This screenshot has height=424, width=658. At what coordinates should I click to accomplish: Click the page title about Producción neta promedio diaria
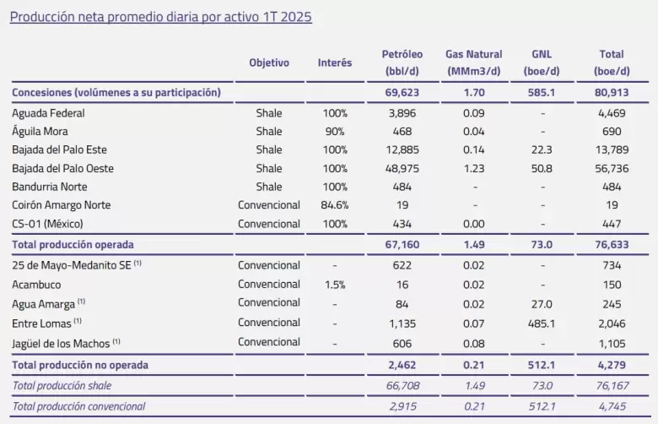click(161, 17)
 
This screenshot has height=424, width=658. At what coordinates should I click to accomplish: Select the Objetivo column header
click(269, 63)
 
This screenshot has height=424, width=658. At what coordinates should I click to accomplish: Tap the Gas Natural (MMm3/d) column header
click(474, 63)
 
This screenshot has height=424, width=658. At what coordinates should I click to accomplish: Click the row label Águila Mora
click(40, 131)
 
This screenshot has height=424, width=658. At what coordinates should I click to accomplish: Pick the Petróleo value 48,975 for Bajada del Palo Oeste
click(402, 169)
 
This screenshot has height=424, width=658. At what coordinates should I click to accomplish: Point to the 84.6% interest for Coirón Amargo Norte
click(334, 205)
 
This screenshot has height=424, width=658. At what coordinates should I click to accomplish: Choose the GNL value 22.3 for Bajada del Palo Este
click(542, 150)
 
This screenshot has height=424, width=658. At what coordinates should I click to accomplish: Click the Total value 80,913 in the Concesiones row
click(612, 92)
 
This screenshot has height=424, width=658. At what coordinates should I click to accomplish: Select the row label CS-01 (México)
click(47, 224)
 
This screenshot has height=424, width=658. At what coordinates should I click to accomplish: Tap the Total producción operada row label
click(73, 245)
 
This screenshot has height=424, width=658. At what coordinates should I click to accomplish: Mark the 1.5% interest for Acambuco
click(335, 285)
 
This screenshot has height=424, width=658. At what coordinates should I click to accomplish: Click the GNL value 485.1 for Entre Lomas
click(542, 323)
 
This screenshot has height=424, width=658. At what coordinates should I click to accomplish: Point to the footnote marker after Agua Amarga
click(82, 302)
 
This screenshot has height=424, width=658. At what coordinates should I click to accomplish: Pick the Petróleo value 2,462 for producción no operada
click(402, 365)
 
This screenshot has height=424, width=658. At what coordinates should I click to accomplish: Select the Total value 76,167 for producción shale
click(612, 386)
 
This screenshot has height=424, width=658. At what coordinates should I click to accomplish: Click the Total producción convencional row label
click(78, 406)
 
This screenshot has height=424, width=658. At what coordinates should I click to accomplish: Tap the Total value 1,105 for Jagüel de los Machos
click(612, 344)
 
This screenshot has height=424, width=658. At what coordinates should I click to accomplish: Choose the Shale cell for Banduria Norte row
click(269, 187)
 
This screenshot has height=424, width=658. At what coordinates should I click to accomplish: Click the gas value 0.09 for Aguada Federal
click(474, 113)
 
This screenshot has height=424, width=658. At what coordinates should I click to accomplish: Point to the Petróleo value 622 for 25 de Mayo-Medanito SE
click(402, 265)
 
